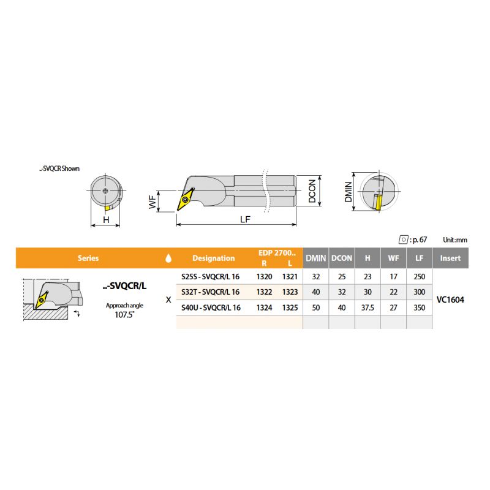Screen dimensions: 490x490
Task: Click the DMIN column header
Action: tap(315, 258)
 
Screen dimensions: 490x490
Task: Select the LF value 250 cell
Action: tap(419, 277)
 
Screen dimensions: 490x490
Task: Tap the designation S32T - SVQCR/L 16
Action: tap(210, 292)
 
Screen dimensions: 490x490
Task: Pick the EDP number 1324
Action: tap(264, 307)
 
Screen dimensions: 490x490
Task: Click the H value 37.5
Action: tap(367, 307)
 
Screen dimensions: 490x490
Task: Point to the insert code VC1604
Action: tap(450, 300)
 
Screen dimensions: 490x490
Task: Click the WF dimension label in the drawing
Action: tap(152, 202)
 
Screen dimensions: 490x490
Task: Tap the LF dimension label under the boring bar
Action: tap(245, 219)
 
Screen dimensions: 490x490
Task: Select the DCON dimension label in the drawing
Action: tap(312, 191)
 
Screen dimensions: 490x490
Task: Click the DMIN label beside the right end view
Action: tap(348, 192)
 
